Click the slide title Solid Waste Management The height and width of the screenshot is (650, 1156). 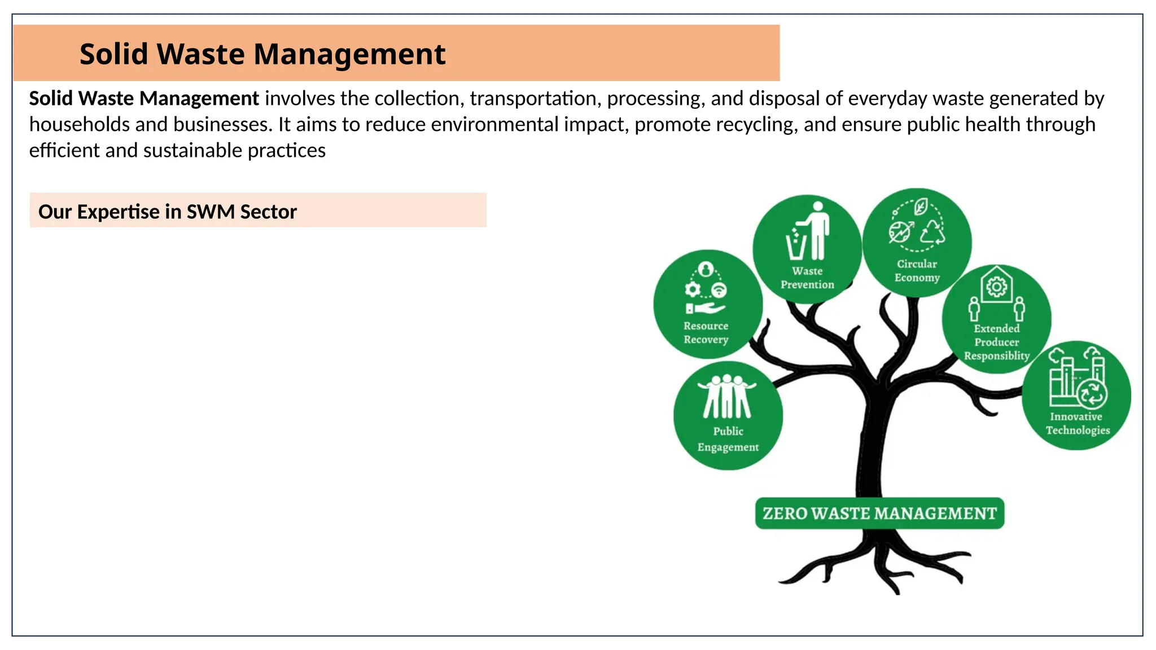(262, 54)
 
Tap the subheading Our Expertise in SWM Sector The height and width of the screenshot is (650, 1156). (168, 212)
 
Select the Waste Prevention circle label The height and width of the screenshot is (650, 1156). (807, 278)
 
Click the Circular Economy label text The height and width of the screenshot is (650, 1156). (917, 271)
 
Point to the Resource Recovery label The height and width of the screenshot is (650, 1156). (706, 333)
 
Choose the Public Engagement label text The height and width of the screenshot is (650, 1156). (728, 439)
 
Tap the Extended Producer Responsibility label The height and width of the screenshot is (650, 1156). (997, 342)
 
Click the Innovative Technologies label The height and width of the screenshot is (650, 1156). (1077, 423)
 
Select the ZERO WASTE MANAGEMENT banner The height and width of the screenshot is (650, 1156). (879, 513)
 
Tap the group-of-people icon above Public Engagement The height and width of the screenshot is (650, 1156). (727, 397)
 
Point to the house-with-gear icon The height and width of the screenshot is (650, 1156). (997, 286)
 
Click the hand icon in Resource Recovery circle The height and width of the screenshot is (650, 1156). (706, 308)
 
